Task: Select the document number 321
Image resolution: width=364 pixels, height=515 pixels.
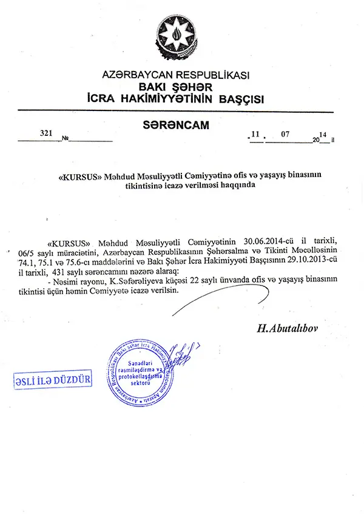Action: click(x=45, y=132)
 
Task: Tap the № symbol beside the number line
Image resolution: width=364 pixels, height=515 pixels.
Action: click(x=65, y=139)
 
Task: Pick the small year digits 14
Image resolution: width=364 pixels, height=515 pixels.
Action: click(x=323, y=133)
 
